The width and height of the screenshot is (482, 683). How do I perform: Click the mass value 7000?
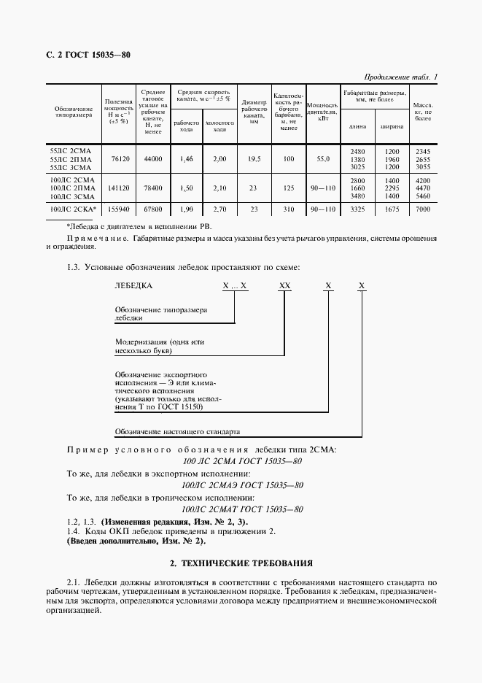[423, 209]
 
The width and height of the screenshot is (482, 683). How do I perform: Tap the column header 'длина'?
[358, 126]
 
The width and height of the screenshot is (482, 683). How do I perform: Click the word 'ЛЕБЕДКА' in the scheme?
[133, 287]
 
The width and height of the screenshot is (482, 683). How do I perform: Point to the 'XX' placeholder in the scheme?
[285, 287]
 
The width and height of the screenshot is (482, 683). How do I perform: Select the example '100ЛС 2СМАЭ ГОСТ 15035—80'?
[242, 485]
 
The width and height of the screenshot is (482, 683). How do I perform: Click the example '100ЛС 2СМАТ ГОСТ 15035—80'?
[242, 509]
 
